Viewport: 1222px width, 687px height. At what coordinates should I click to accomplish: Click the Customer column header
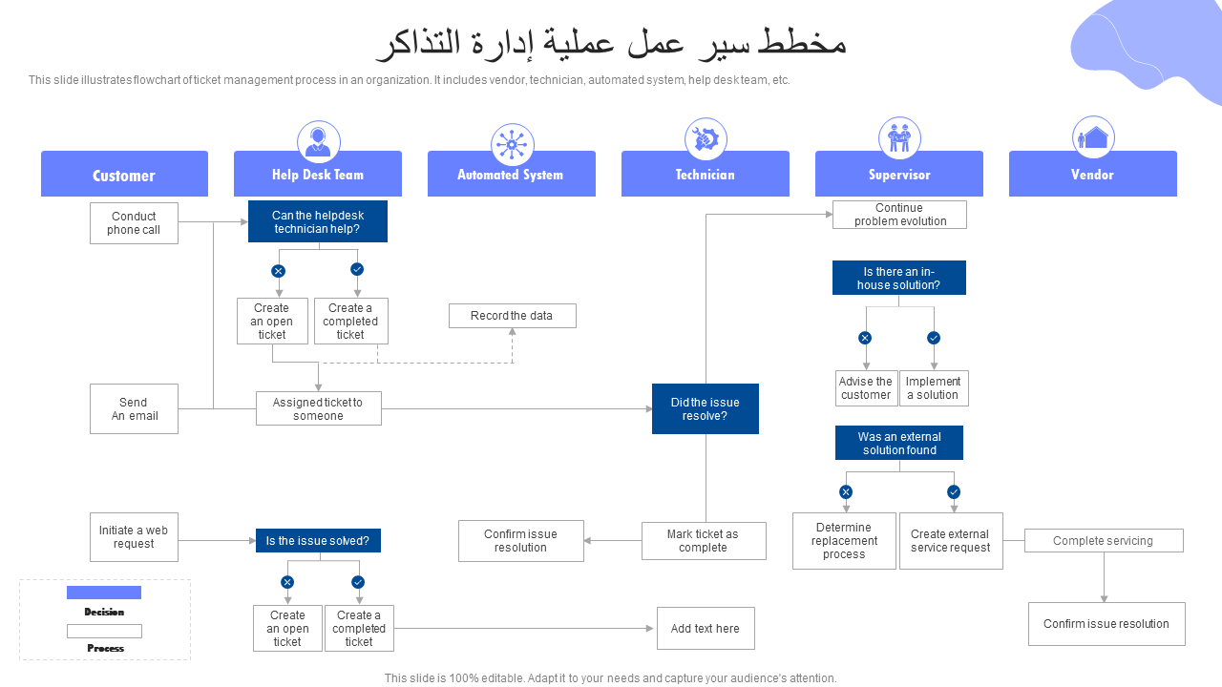tap(124, 174)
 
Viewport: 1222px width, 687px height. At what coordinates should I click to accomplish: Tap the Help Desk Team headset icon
tap(319, 142)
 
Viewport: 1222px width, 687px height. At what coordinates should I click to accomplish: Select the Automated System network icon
tap(513, 144)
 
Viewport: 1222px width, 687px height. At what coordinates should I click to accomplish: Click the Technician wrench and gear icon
tap(706, 139)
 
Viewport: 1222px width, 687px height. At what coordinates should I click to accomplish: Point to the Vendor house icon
tap(1093, 137)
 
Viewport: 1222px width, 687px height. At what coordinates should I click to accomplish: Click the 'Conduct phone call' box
tap(135, 223)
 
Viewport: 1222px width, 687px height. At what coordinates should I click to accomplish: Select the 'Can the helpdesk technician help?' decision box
tap(318, 221)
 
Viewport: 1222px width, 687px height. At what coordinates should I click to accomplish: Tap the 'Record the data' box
tap(513, 316)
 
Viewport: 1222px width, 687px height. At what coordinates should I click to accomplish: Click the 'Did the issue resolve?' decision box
tap(706, 409)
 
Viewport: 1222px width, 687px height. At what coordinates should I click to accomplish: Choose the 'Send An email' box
tap(135, 409)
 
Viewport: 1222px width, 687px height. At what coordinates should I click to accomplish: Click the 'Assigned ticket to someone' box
tap(319, 408)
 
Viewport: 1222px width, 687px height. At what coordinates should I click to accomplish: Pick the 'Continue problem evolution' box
tap(899, 215)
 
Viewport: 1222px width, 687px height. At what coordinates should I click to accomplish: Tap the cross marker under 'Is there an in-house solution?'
tap(865, 338)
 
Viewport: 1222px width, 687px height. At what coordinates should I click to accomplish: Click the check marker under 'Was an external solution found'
tap(954, 492)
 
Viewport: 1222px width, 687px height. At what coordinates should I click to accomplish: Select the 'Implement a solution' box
tap(934, 388)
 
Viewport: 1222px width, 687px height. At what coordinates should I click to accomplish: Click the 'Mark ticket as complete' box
tap(704, 541)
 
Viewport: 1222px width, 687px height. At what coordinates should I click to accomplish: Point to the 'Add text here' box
tap(706, 629)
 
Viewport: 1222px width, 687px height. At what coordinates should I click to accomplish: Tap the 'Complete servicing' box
tap(1104, 540)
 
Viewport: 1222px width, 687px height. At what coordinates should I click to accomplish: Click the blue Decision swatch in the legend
tap(104, 593)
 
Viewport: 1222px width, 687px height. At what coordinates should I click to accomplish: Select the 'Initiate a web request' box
tap(135, 537)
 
